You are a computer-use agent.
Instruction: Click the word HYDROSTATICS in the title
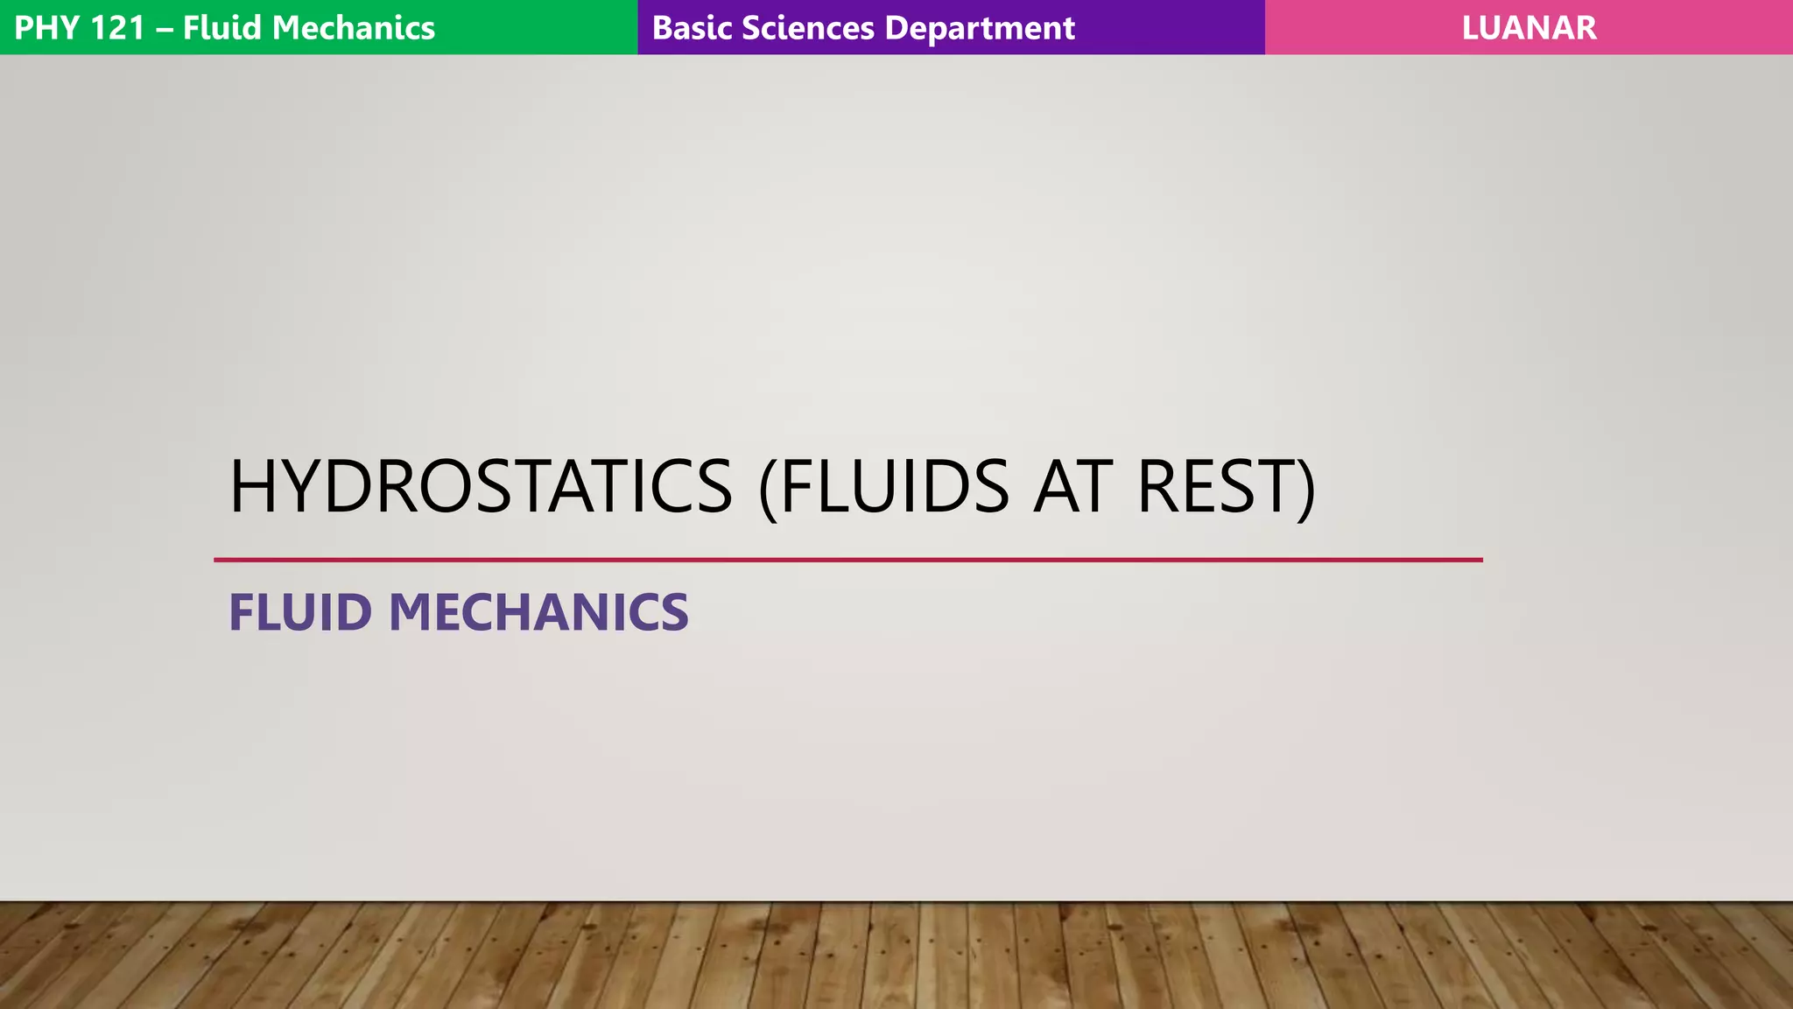(481, 486)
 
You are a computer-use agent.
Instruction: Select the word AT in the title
(1074, 486)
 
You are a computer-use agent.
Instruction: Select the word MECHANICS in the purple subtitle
(538, 612)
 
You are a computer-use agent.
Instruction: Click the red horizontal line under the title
(847, 560)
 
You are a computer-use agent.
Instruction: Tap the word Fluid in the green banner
(222, 28)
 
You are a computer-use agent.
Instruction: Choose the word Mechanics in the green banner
(354, 28)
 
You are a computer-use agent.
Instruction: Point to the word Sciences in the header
(807, 28)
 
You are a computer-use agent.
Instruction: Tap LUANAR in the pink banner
(1529, 28)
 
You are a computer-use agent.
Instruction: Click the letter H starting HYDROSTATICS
(251, 486)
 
